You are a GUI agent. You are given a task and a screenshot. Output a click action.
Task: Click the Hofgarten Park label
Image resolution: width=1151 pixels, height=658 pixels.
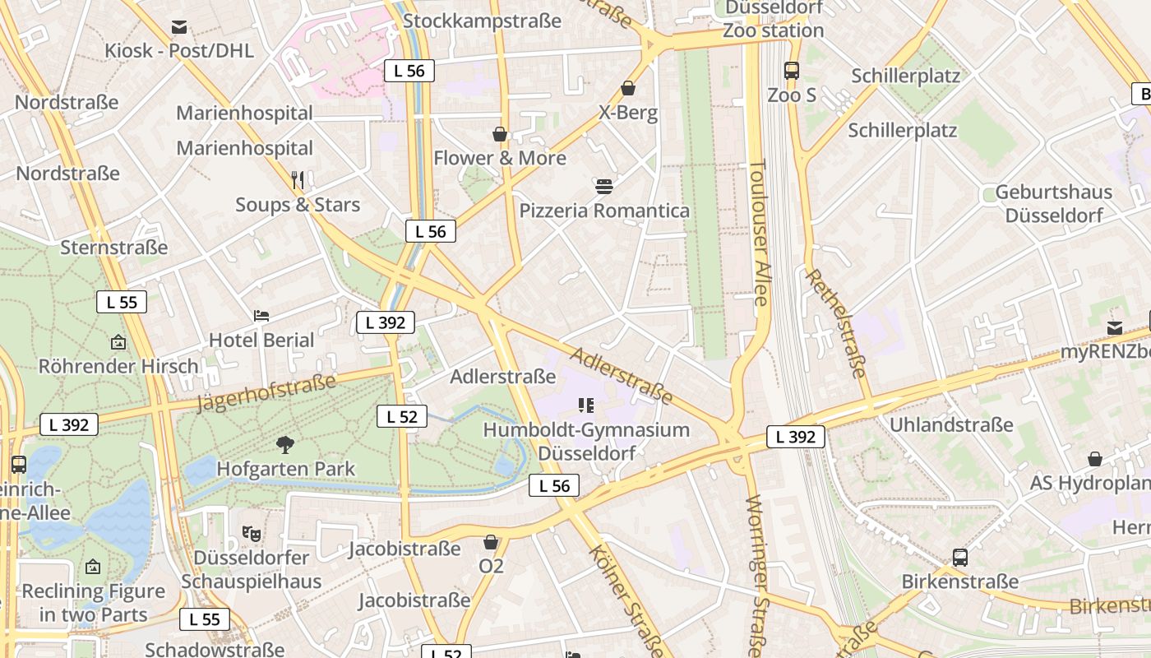(285, 469)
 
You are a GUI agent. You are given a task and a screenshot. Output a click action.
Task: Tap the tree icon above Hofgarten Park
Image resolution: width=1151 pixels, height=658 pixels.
(285, 445)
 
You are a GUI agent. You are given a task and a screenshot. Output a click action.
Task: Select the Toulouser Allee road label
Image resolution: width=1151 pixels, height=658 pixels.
(758, 233)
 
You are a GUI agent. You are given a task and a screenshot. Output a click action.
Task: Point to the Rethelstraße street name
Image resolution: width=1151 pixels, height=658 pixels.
(837, 323)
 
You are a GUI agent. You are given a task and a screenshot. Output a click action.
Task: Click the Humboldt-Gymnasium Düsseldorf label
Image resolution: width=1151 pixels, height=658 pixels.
(586, 442)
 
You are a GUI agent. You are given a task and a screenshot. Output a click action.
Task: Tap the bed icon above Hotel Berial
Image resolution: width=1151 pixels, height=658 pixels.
(261, 316)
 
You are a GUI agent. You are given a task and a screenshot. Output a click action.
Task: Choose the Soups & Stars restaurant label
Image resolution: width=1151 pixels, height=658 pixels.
(298, 204)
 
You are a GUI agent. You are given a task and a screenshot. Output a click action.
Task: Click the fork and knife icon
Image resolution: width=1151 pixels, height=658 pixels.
(298, 179)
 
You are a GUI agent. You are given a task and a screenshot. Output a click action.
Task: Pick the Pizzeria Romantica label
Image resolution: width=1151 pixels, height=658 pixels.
(604, 211)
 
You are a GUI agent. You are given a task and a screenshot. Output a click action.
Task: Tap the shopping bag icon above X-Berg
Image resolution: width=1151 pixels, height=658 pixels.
(628, 88)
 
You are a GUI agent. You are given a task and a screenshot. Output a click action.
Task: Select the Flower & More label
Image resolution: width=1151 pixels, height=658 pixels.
(500, 158)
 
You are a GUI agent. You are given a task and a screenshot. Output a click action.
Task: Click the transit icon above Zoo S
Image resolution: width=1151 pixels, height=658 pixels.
(792, 71)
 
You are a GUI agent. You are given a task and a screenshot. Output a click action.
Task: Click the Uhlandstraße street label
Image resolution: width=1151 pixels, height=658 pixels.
(951, 425)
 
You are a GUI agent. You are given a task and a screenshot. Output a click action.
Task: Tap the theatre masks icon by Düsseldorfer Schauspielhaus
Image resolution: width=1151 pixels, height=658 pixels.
(252, 533)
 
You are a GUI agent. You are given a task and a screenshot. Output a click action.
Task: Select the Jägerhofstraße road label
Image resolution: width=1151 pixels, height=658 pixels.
(267, 392)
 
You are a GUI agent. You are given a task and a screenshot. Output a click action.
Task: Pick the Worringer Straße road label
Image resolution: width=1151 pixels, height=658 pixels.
(758, 569)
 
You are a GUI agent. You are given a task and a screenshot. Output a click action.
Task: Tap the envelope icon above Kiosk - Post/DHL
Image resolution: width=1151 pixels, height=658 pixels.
(179, 27)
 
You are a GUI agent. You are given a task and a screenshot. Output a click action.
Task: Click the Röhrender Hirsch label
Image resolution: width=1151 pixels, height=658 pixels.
(118, 366)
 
